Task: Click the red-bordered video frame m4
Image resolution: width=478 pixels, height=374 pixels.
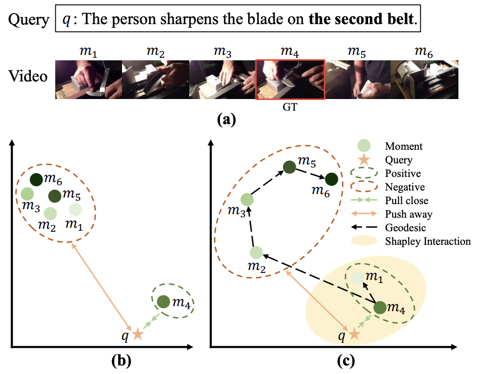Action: coord(290,79)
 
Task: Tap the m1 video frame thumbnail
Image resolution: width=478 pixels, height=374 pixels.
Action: coord(88,79)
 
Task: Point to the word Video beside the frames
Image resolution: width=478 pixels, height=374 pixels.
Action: coord(28,77)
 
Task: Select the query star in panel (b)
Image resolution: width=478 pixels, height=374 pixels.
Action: coord(137,334)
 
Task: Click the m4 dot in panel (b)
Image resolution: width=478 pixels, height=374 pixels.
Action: coord(163,302)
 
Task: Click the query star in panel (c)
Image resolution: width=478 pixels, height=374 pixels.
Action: coord(354,334)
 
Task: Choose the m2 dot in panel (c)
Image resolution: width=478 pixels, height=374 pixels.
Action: coord(256,253)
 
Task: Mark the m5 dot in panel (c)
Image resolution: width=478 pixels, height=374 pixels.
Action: coord(289,168)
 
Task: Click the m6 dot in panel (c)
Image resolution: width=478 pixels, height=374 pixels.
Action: coord(331,179)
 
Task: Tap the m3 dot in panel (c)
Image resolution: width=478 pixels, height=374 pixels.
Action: coord(247,200)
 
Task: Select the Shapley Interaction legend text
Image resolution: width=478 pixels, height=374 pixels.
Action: coord(428,241)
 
